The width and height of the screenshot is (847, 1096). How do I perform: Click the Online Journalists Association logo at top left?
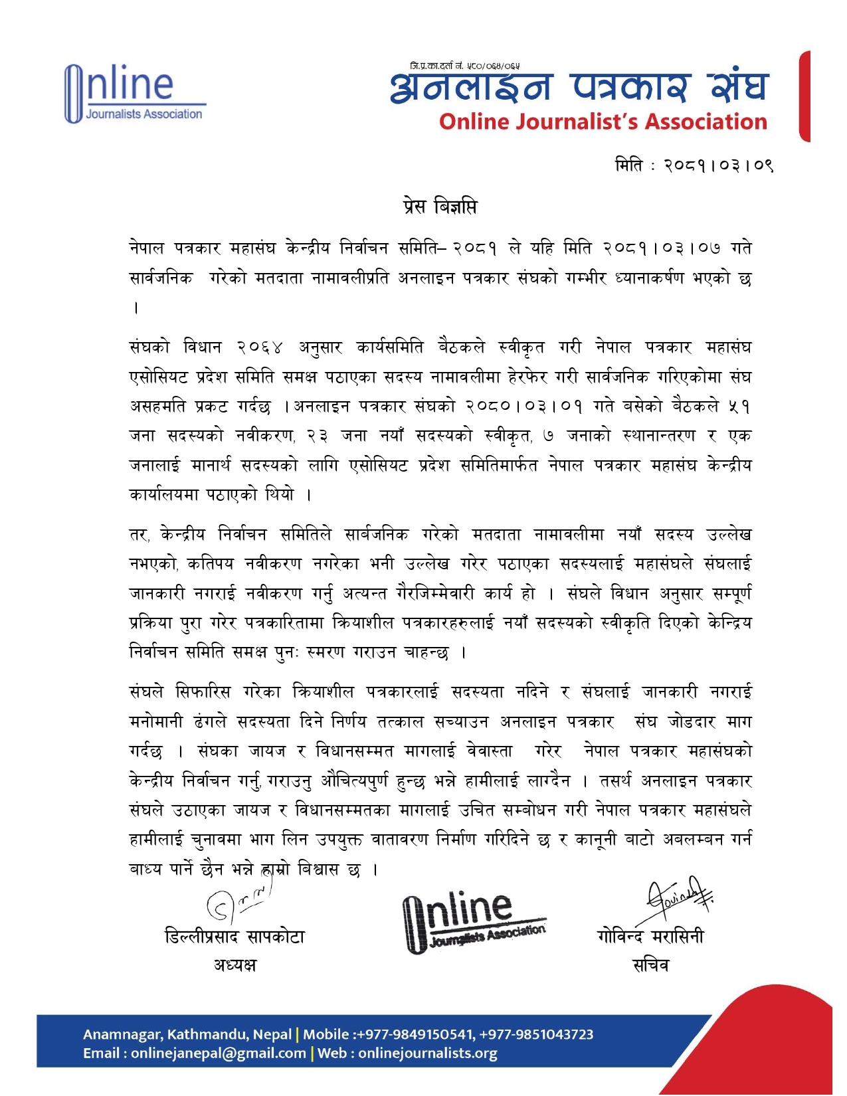point(135,94)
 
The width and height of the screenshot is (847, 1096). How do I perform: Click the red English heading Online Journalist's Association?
point(603,122)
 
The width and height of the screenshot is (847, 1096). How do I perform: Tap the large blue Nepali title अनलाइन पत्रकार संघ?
point(579,87)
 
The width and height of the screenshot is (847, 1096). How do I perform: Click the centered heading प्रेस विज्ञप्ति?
point(440,207)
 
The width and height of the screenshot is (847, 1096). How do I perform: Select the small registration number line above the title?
point(465,66)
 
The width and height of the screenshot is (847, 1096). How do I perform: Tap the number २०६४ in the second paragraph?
point(260,347)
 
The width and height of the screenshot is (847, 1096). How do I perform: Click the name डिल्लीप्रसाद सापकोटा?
point(235,937)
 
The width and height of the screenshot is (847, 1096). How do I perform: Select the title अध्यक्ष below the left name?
point(235,965)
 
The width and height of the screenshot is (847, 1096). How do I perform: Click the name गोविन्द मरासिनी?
point(650,937)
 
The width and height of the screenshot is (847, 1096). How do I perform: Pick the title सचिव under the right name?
point(650,965)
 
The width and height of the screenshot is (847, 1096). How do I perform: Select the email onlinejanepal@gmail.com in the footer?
point(219,1053)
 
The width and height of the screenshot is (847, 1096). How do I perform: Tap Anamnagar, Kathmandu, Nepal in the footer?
point(187,1034)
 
